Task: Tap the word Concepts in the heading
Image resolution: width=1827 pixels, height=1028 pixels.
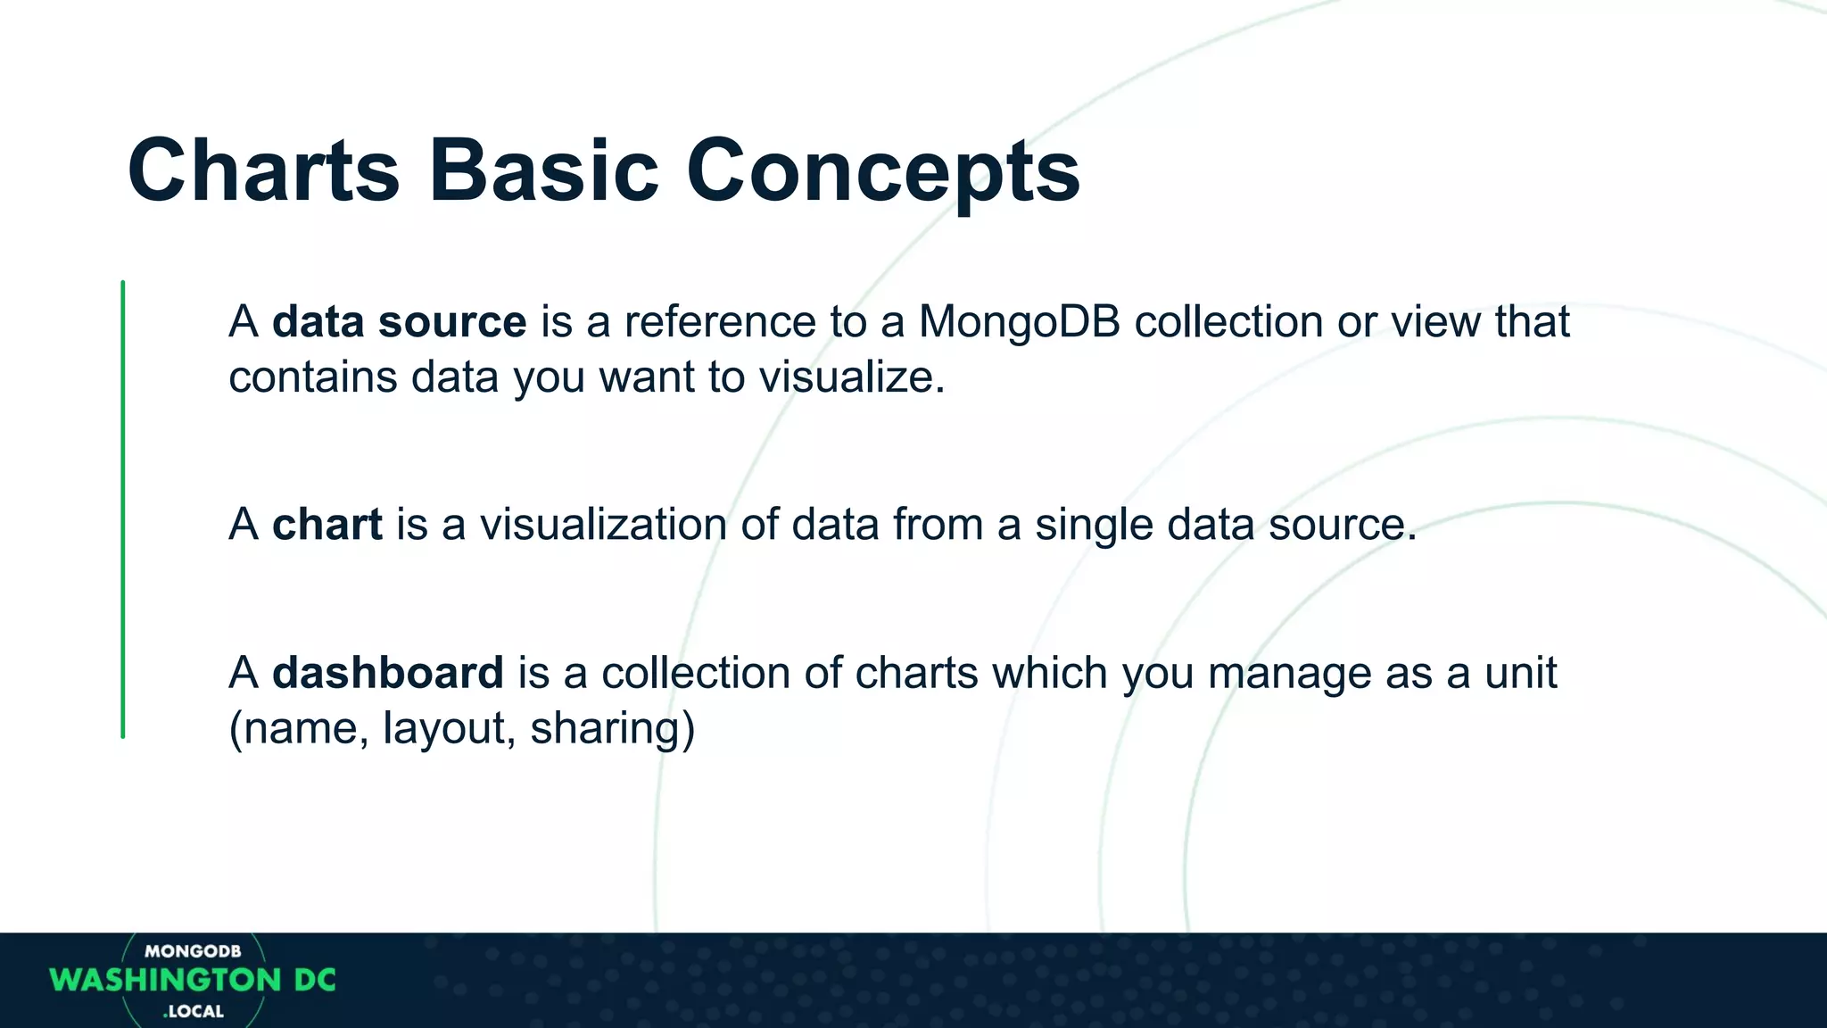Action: click(882, 171)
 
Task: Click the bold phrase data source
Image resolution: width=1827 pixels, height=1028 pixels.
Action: click(399, 321)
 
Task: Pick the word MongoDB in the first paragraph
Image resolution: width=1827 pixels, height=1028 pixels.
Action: click(1019, 321)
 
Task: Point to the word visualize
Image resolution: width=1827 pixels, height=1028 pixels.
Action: click(851, 377)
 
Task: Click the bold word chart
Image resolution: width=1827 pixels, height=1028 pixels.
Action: click(327, 524)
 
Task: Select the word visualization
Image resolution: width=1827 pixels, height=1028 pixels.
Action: click(603, 524)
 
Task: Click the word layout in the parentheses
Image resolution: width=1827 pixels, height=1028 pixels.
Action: click(444, 728)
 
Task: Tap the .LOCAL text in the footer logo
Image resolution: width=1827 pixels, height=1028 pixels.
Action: click(194, 1012)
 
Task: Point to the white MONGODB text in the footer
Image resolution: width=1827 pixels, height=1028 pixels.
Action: click(193, 951)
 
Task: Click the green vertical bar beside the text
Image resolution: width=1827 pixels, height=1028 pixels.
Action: click(123, 509)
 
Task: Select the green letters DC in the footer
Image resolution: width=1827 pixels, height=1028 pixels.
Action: click(315, 980)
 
